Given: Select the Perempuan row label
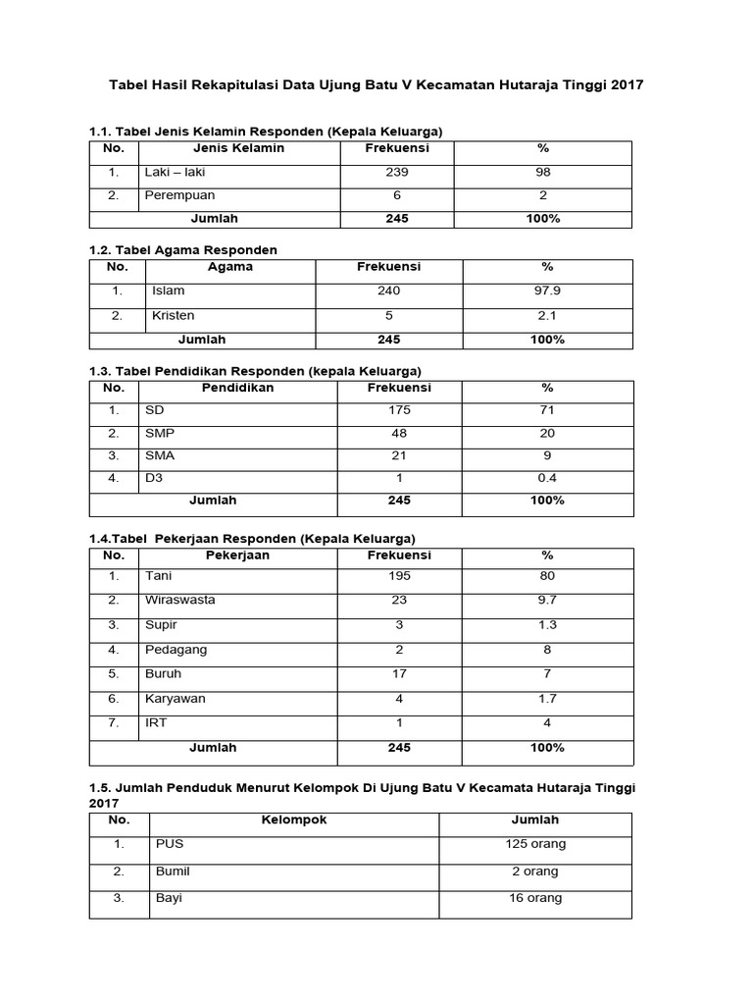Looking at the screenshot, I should coord(179,195).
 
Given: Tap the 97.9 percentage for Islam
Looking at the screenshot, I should coord(547,291).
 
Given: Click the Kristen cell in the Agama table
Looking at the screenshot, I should coord(174,315).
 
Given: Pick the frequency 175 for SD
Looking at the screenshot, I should coord(399,409).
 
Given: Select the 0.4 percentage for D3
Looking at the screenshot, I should coord(547,478).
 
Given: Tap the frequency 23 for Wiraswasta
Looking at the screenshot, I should coord(399,599).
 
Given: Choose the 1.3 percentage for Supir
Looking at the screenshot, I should coord(547,624).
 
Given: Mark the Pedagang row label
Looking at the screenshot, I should coord(176,649).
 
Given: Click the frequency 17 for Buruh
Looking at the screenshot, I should coord(399,673).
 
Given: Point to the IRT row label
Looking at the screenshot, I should coord(156,723).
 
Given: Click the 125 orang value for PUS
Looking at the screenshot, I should coord(534,844).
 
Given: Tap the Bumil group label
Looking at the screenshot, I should coord(173,871).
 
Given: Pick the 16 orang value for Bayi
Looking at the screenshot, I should coord(534,898).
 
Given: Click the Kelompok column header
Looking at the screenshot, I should coord(294,820).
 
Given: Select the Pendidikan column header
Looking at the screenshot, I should coord(237,387).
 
